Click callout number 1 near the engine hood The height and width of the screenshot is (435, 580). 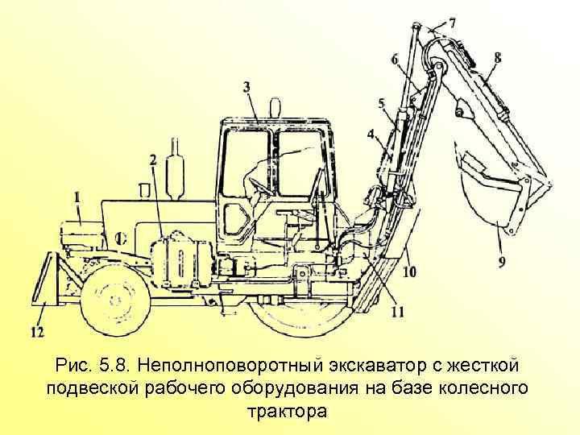(77, 196)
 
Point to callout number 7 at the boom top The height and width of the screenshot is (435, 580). (451, 23)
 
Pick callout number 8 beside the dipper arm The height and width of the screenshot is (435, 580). (497, 58)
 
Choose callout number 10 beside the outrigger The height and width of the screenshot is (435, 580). (410, 273)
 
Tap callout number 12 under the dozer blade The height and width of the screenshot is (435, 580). (38, 331)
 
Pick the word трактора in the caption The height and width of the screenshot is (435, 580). (289, 411)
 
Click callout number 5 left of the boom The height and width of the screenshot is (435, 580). (382, 103)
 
